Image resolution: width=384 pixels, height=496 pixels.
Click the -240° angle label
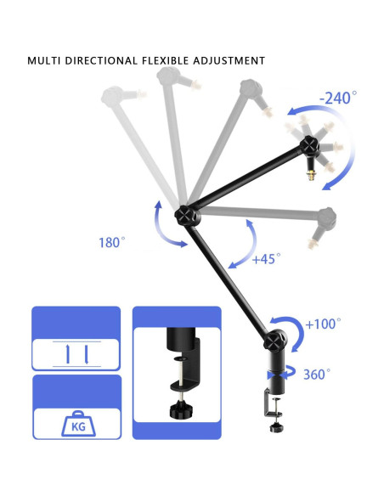[339, 99]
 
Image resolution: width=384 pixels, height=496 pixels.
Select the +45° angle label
[266, 258]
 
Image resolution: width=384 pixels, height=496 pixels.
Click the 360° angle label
[317, 374]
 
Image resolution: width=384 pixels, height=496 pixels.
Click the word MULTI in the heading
[47, 61]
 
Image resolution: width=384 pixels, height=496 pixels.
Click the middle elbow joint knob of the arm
[185, 215]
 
